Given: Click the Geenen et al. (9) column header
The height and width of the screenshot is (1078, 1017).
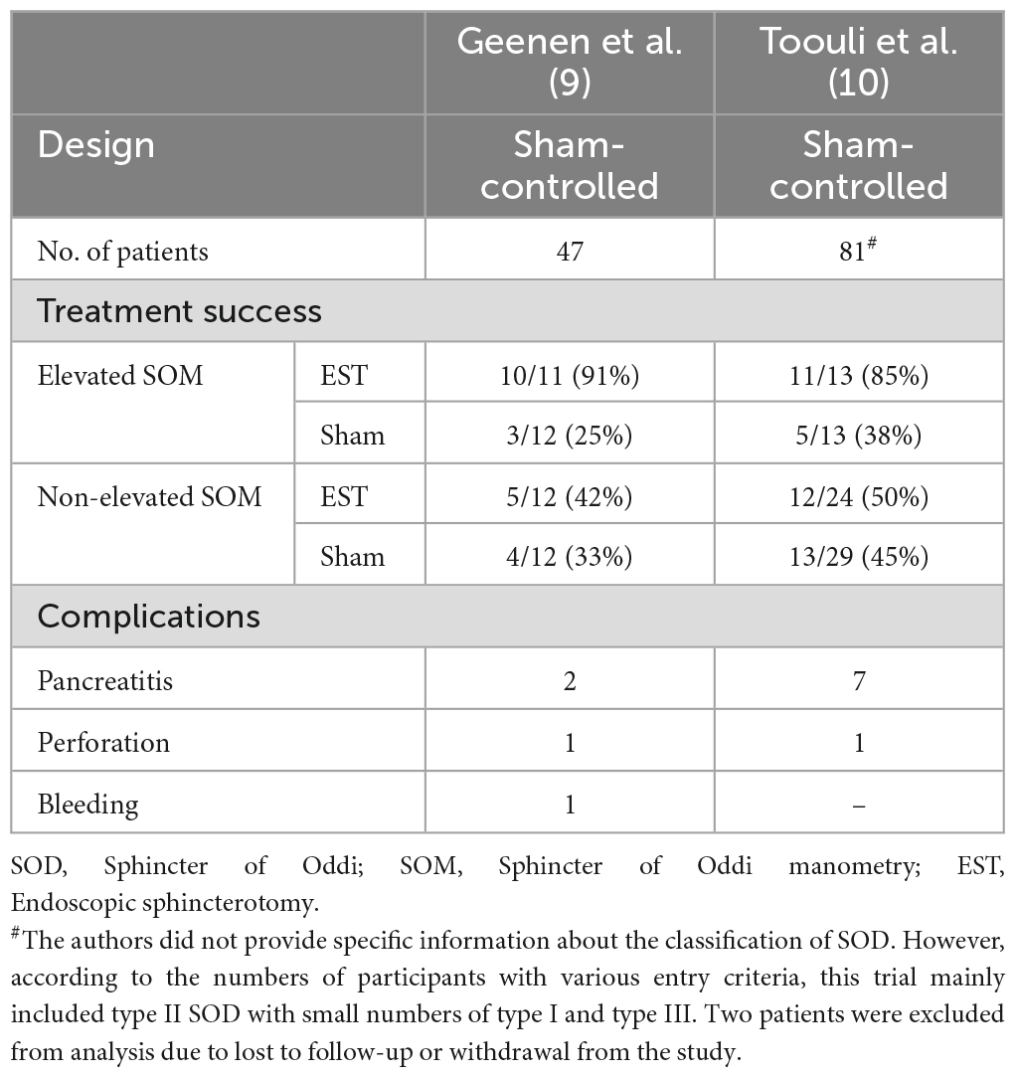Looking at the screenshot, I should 570,63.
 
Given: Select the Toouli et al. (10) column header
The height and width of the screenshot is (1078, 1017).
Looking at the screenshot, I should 858,63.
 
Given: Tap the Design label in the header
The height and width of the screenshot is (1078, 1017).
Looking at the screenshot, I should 96,145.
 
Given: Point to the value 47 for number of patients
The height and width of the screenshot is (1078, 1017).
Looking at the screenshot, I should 570,252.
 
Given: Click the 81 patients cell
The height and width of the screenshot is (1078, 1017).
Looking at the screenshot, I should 856,252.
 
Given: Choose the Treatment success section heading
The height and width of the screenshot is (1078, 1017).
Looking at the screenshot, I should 180,311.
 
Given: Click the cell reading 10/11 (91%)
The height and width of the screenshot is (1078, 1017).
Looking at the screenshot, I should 570,375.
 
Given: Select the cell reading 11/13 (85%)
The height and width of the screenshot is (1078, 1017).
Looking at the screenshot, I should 858,375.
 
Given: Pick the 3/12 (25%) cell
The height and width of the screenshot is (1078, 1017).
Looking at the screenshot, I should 570,435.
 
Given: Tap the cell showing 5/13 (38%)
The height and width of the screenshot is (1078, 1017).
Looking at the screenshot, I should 858,435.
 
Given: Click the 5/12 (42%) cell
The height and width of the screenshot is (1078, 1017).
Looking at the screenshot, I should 570,495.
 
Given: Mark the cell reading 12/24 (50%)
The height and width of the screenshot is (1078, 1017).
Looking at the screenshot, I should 858,495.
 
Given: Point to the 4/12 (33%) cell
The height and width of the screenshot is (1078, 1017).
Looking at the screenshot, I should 570,556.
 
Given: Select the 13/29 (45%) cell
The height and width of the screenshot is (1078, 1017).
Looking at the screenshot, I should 858,556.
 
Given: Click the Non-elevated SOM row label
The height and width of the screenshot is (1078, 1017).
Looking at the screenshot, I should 149,495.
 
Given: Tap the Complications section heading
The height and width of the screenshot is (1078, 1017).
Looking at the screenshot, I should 149,617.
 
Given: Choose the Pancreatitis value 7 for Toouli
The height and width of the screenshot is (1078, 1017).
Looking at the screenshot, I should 858,681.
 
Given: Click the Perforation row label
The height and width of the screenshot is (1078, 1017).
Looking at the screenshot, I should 103,742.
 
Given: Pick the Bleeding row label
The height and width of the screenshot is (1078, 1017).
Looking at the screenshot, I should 88,803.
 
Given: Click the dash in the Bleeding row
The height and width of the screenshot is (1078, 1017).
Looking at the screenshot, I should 858,803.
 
